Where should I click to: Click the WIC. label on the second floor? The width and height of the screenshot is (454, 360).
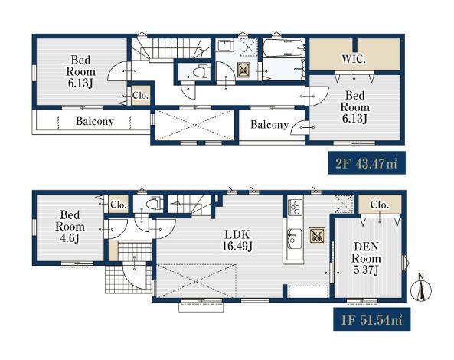[x=354, y=60]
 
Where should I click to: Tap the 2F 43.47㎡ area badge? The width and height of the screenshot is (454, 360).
[x=367, y=163]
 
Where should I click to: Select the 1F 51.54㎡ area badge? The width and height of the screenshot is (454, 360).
[x=372, y=319]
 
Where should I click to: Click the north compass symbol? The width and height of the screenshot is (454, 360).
[x=421, y=287]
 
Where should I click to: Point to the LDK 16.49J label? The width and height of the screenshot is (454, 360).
[x=237, y=240]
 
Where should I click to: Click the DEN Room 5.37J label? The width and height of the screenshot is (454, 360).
[x=366, y=258]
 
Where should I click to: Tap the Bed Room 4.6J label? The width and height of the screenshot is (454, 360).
[x=70, y=227]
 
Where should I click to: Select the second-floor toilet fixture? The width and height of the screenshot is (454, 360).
[x=201, y=71]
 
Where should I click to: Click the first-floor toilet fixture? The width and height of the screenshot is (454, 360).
[x=153, y=203]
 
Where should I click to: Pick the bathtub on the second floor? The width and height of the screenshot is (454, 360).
[x=284, y=48]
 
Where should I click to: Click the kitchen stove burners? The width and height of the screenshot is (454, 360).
[x=295, y=207]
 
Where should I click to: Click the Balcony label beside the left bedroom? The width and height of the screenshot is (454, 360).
[x=95, y=121]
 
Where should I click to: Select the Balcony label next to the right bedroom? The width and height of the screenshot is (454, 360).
[x=269, y=125]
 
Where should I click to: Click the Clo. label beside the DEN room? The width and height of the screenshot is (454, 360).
[x=379, y=205]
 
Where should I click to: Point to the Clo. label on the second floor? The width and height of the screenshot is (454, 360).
[x=140, y=95]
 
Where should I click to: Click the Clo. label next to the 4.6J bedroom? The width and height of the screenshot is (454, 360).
[x=118, y=205]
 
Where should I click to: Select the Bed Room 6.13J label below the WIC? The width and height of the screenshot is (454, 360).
[x=354, y=107]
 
